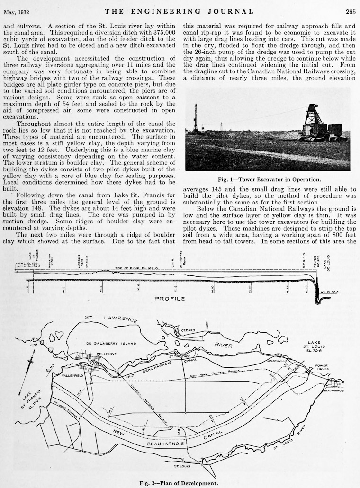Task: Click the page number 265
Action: [x=350, y=11]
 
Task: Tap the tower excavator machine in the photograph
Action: [x=319, y=124]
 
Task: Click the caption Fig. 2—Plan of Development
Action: [x=180, y=483]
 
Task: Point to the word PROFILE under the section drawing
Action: [x=171, y=299]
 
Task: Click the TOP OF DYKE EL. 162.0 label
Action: [x=127, y=268]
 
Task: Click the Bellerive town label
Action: [x=106, y=353]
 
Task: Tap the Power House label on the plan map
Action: [x=322, y=367]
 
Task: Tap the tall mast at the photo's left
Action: [x=195, y=118]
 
